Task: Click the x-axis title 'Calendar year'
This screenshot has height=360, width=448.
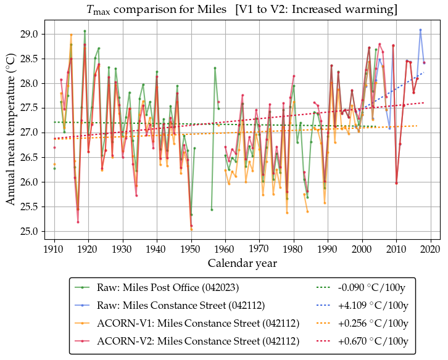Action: click(x=242, y=263)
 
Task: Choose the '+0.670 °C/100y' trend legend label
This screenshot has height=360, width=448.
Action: click(x=372, y=341)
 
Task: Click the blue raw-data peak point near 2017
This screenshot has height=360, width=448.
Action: click(x=420, y=30)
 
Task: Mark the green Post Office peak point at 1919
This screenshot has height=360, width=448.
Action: click(x=85, y=31)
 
